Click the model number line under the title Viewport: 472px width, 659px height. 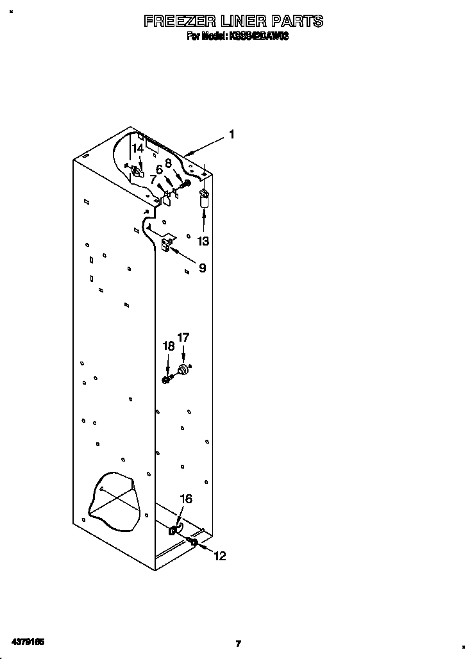point(237,37)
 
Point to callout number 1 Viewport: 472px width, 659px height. point(231,135)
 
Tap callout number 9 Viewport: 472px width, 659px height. point(202,268)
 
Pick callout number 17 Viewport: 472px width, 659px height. point(183,337)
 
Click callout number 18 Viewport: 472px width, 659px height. point(168,346)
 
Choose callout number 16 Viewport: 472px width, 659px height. point(185,499)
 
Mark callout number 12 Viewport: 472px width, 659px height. point(219,556)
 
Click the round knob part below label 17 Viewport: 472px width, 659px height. point(184,370)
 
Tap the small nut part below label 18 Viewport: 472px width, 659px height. point(166,380)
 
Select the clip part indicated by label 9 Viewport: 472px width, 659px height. point(168,244)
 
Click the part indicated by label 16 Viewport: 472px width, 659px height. point(173,530)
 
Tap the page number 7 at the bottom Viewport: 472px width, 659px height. point(238,644)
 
